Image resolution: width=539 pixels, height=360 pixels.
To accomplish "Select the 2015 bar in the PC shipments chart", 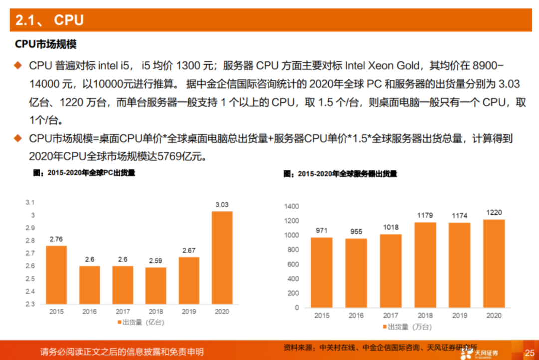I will point(56,275).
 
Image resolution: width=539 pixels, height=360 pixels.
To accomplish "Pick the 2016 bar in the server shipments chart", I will point(356,273).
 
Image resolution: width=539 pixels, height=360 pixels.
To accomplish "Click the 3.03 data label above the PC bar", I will point(222,205).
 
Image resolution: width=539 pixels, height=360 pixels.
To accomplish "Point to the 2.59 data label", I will point(155,260).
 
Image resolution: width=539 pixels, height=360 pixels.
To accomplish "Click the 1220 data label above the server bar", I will point(494,212).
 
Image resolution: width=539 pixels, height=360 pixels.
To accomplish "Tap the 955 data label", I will point(356,232).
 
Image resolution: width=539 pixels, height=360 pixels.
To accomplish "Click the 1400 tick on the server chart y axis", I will point(291,206).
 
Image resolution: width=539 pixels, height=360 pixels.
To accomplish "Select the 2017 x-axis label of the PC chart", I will point(122,311).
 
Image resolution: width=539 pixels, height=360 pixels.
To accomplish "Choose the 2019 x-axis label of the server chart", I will point(459,316).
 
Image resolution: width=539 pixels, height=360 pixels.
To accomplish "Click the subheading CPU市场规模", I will point(46,44).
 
